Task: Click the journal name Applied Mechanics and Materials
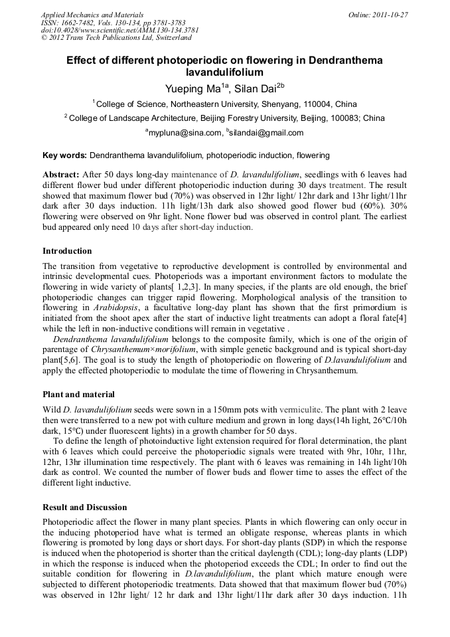pyautogui.click(x=92, y=14)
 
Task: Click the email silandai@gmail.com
pyautogui.click(x=266, y=133)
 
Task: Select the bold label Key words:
pyautogui.click(x=64, y=156)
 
